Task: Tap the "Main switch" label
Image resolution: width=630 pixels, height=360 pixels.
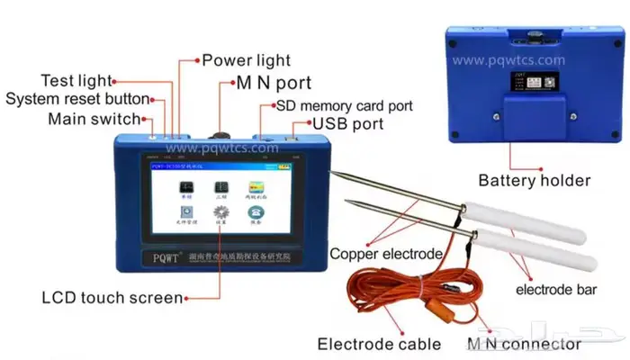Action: [94, 118]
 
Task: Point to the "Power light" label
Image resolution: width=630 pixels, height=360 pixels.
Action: [246, 60]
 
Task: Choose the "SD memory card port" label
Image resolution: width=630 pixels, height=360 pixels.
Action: [346, 105]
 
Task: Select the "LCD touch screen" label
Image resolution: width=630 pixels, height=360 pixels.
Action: [112, 297]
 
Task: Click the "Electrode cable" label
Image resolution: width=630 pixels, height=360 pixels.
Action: [379, 343]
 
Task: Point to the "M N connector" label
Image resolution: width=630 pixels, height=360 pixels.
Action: [524, 343]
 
